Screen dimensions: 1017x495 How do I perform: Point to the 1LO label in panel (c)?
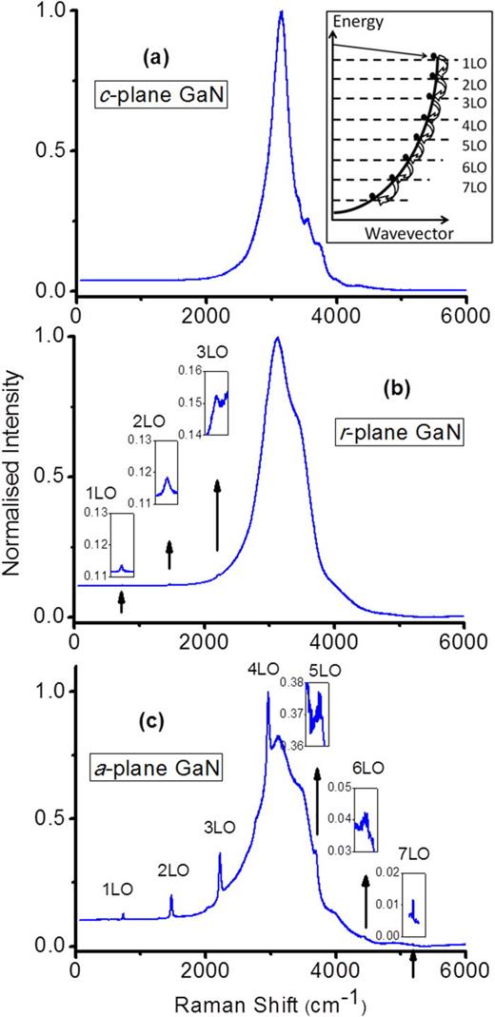119,889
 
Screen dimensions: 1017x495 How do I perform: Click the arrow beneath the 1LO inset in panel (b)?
121,600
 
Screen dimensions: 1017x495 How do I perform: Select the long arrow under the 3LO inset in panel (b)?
217,515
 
